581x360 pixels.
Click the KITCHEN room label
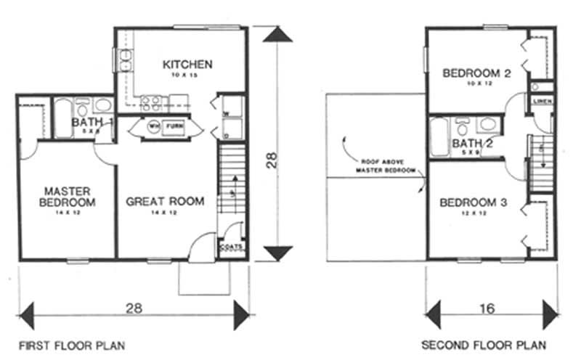point(187,65)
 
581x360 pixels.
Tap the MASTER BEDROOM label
point(67,196)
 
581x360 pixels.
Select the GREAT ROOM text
point(165,201)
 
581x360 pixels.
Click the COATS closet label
point(232,247)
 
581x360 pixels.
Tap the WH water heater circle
point(154,126)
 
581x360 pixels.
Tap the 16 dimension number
point(487,308)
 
